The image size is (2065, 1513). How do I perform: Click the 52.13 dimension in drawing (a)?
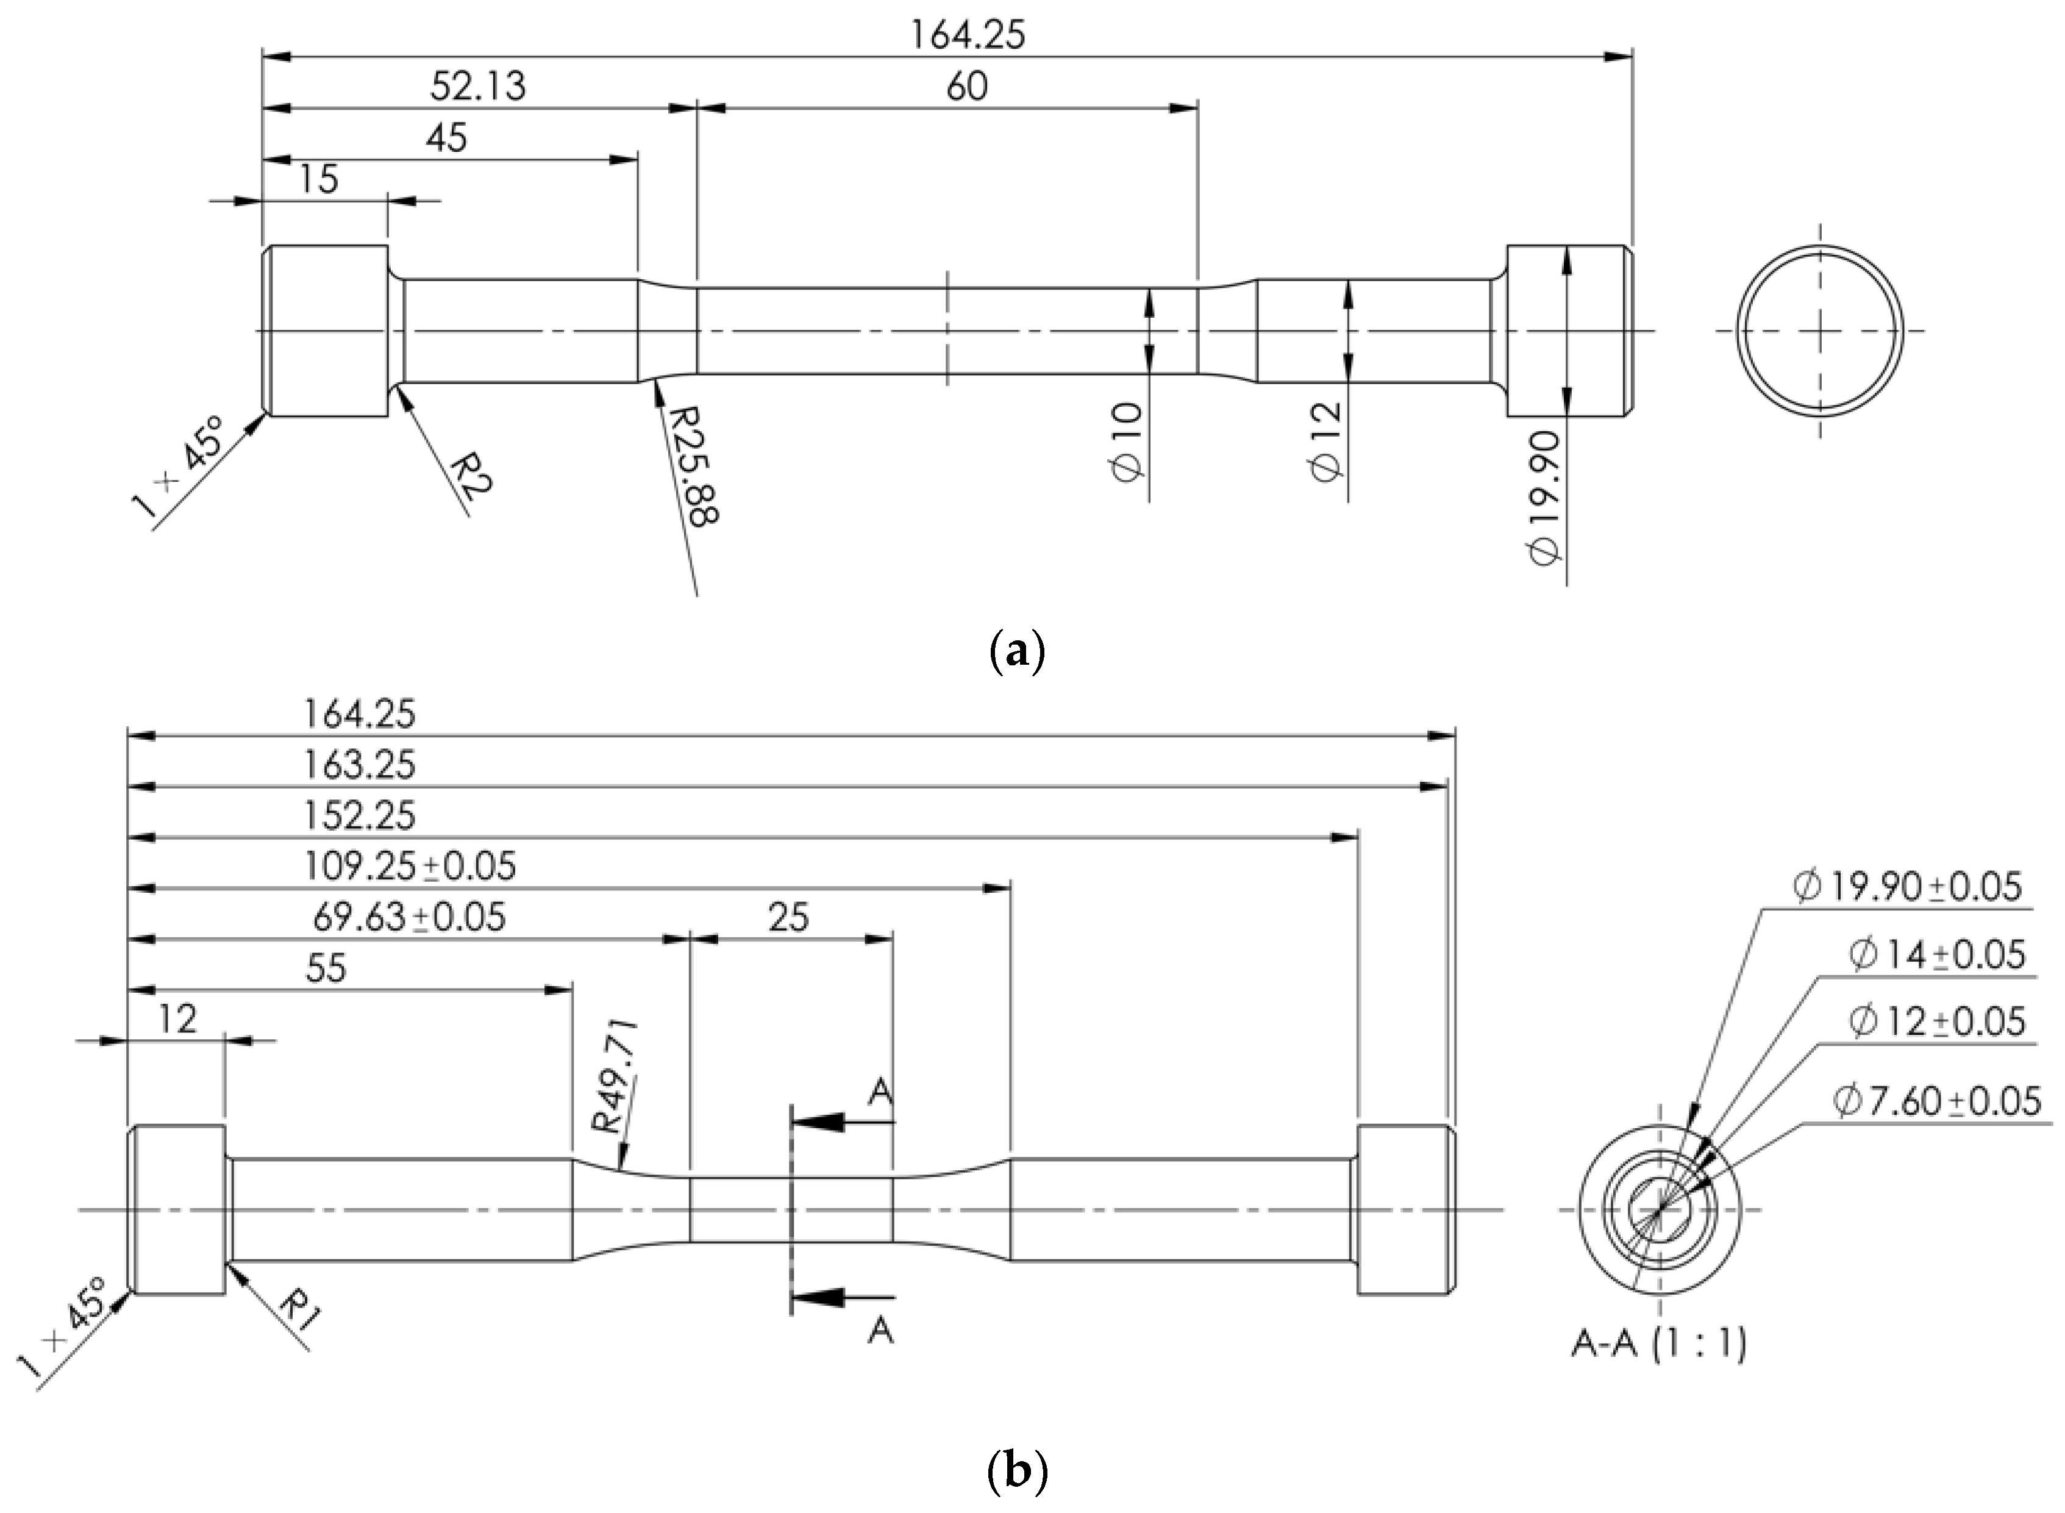(478, 87)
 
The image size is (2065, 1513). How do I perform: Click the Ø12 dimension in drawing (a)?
(1326, 440)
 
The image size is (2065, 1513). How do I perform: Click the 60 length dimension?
(967, 87)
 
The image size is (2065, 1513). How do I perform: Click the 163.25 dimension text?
(359, 765)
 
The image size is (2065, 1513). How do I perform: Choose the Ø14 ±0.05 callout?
(1937, 955)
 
